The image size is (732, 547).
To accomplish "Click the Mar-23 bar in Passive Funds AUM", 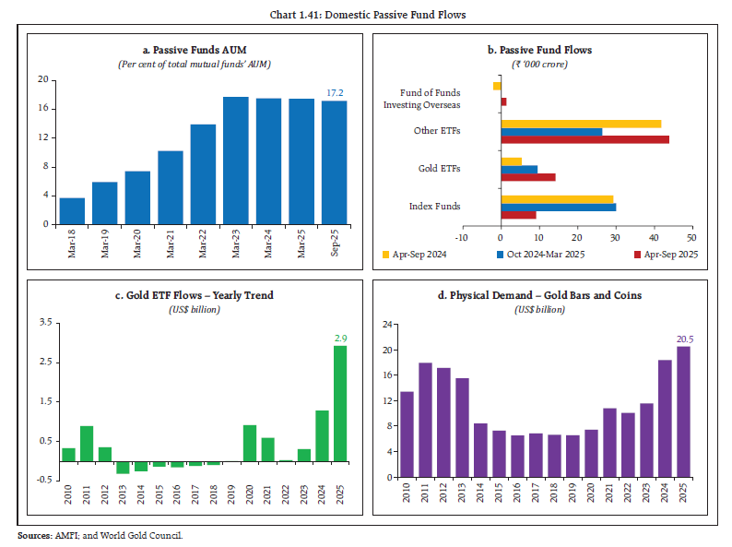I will pyautogui.click(x=236, y=161).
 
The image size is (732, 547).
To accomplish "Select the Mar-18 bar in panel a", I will pyautogui.click(x=73, y=211).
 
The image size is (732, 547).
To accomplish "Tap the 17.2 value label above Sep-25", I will pyautogui.click(x=336, y=93).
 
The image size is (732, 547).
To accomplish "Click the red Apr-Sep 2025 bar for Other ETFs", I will pyautogui.click(x=584, y=139).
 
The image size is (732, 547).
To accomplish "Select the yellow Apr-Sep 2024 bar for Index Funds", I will pyautogui.click(x=557, y=198).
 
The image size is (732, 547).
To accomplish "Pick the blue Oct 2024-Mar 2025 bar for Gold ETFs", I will pyautogui.click(x=519, y=169).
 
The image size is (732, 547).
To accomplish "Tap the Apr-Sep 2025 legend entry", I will pyautogui.click(x=668, y=254).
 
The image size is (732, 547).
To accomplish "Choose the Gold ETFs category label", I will pyautogui.click(x=439, y=169).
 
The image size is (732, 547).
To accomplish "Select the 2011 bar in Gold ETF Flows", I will pyautogui.click(x=87, y=444).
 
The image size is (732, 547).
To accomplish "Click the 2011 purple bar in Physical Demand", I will pyautogui.click(x=425, y=421).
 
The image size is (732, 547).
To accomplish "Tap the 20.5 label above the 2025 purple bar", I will pyautogui.click(x=682, y=339).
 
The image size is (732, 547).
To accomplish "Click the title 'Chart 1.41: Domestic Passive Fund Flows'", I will pyautogui.click(x=366, y=16).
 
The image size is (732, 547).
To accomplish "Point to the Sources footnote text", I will pyautogui.click(x=101, y=535).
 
